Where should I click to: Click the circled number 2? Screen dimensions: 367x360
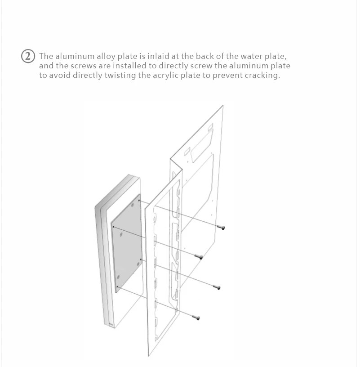(29, 56)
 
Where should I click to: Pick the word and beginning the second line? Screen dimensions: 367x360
(46, 66)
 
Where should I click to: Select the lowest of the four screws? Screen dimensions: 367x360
(196, 318)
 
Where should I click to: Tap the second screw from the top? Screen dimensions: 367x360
(199, 257)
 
